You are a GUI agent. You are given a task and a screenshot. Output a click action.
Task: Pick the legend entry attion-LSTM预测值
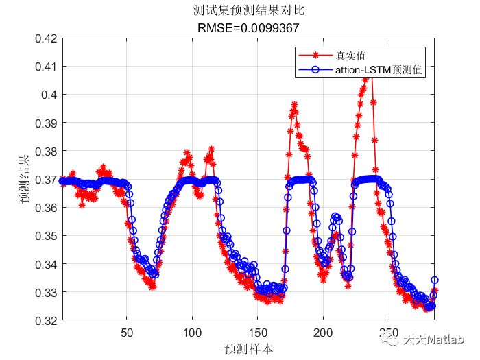coord(379,69)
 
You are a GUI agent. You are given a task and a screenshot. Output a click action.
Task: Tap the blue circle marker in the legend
coord(315,69)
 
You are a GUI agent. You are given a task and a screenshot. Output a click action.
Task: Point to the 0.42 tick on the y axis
coord(45,38)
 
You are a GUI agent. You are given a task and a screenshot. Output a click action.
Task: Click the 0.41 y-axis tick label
coord(45,67)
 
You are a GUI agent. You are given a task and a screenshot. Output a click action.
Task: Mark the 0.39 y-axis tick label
coord(45,123)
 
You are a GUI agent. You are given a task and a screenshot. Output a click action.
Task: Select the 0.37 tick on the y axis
coord(45,179)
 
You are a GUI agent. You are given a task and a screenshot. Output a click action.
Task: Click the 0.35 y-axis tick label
coord(45,235)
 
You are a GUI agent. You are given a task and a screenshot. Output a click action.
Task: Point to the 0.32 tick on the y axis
coord(45,320)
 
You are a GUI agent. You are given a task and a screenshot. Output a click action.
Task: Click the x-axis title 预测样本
coord(248,348)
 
